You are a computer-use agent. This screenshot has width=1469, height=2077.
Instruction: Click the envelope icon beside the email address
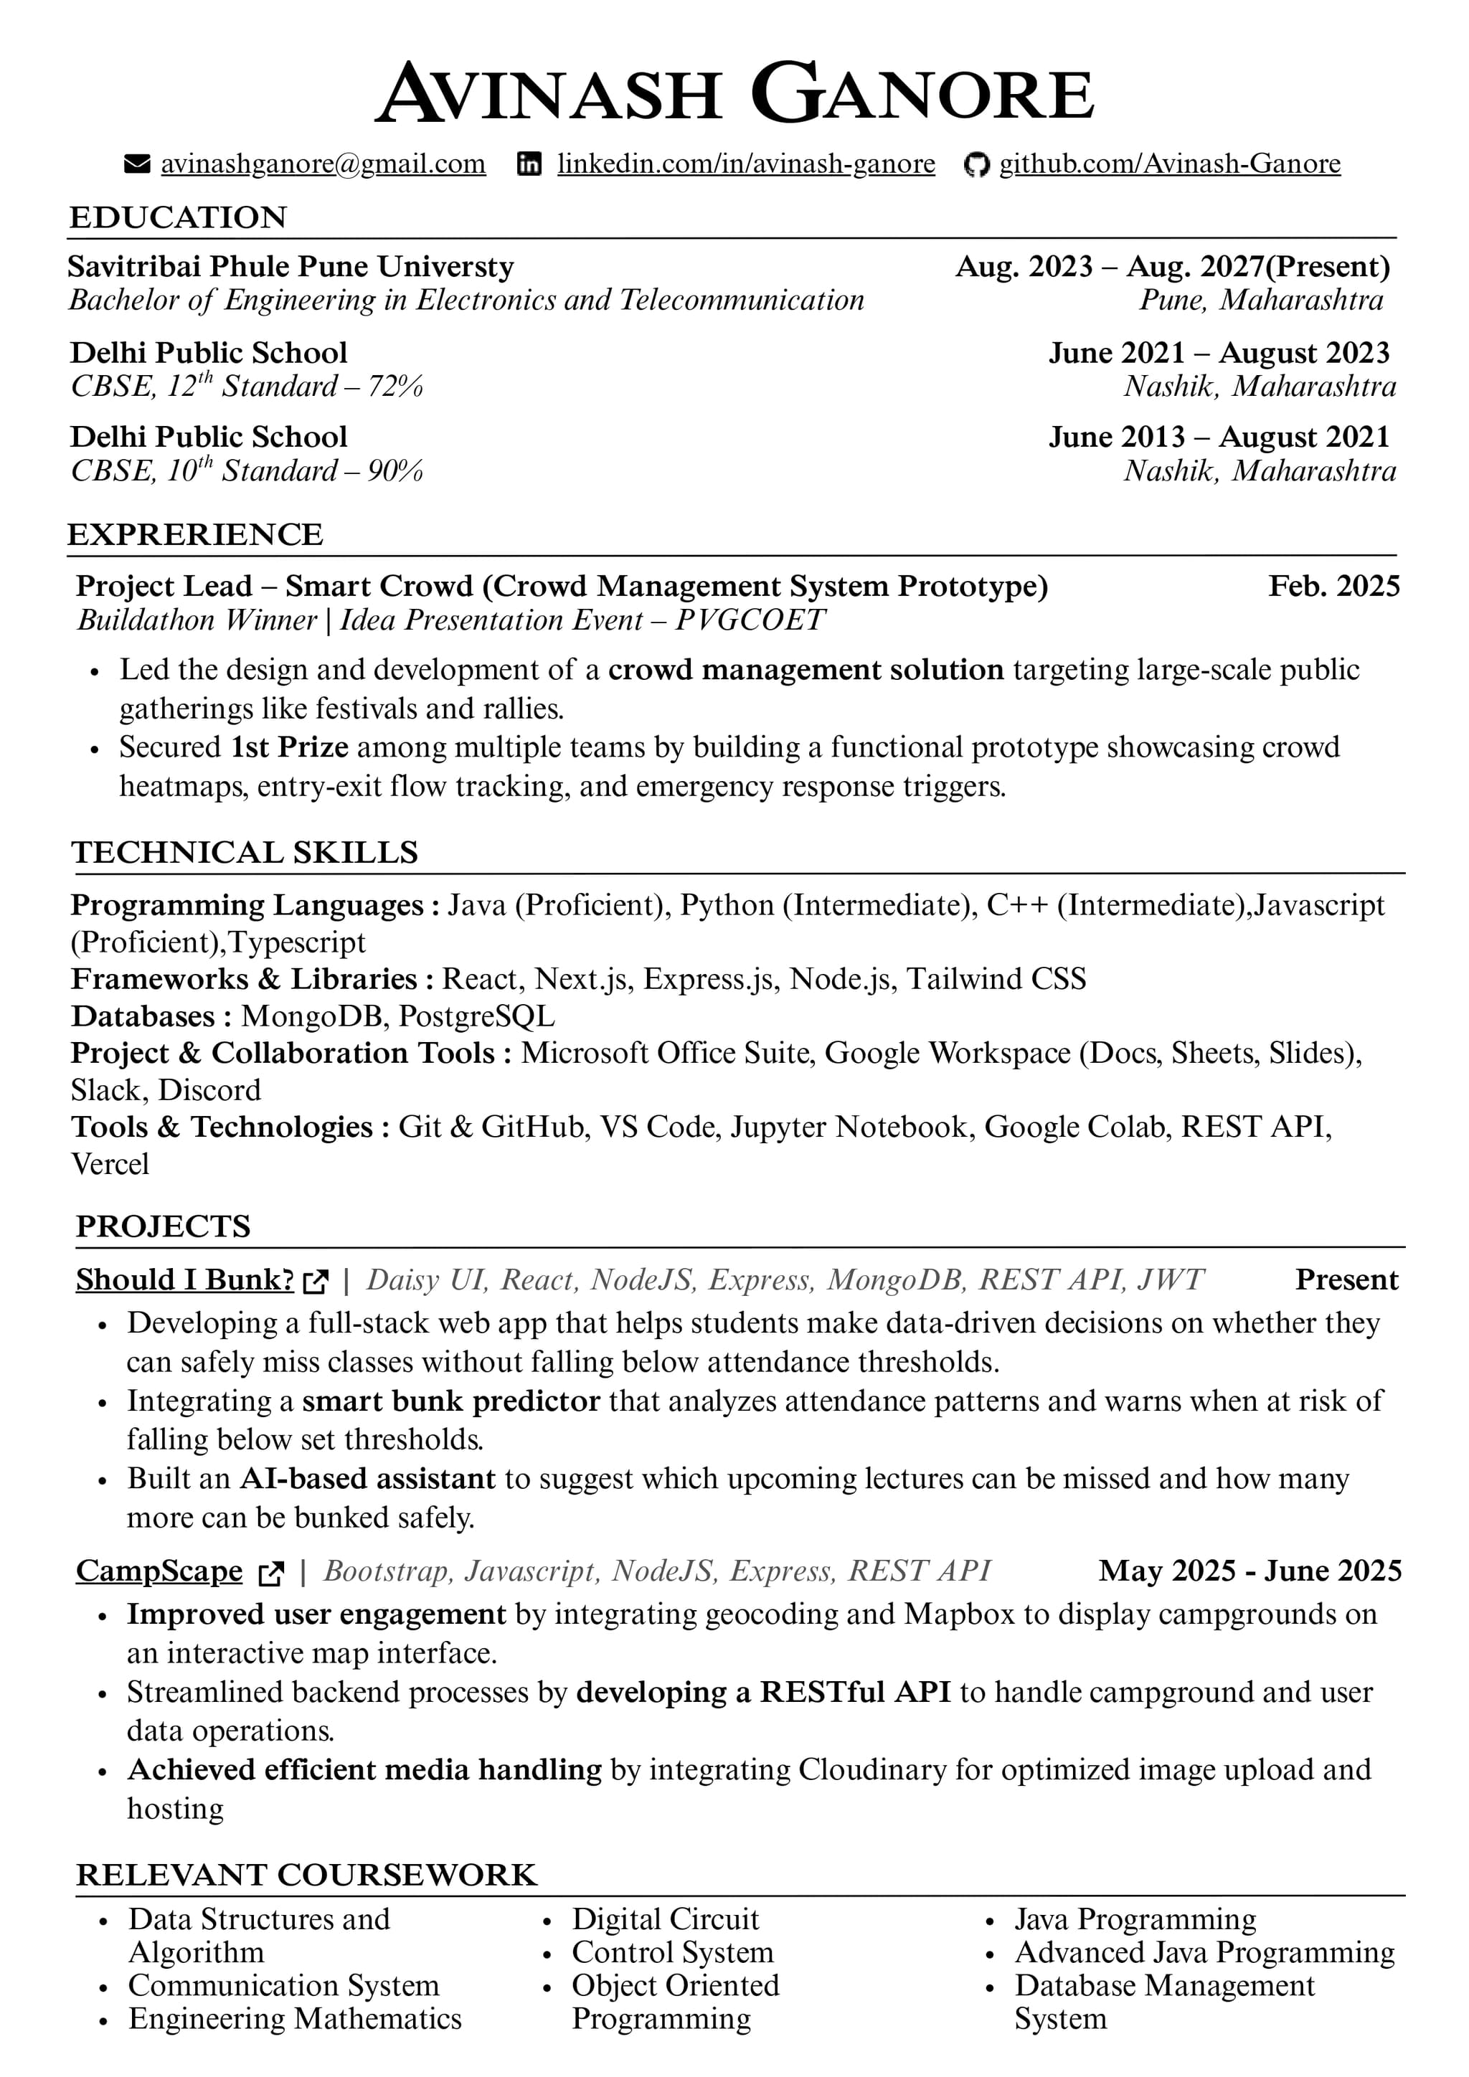tap(136, 164)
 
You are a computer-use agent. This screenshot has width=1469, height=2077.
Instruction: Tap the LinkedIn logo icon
tap(529, 164)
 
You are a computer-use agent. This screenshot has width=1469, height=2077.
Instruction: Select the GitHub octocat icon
tap(976, 165)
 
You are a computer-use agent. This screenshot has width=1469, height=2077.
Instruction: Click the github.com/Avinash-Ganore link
tap(1170, 164)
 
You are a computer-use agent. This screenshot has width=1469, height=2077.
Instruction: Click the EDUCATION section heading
tap(178, 217)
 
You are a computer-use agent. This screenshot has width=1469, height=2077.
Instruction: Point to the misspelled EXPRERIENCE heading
tap(194, 534)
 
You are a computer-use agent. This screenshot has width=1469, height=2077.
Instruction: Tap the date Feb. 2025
tap(1333, 586)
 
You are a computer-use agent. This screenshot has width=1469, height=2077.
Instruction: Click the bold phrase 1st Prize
tap(290, 747)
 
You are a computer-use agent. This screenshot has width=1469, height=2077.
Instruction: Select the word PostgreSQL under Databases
tap(477, 1016)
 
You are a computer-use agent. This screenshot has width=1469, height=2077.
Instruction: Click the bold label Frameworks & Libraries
tap(244, 979)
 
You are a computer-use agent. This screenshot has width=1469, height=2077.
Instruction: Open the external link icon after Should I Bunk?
tap(316, 1281)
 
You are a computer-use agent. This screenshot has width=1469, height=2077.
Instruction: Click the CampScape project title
tap(159, 1571)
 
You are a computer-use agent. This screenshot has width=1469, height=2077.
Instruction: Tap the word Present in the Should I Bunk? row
tap(1346, 1280)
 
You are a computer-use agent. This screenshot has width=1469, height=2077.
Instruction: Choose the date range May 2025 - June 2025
tap(1250, 1571)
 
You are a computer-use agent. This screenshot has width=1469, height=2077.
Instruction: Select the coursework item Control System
tap(672, 1952)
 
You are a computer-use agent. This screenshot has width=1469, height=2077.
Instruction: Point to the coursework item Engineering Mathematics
tap(295, 2019)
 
